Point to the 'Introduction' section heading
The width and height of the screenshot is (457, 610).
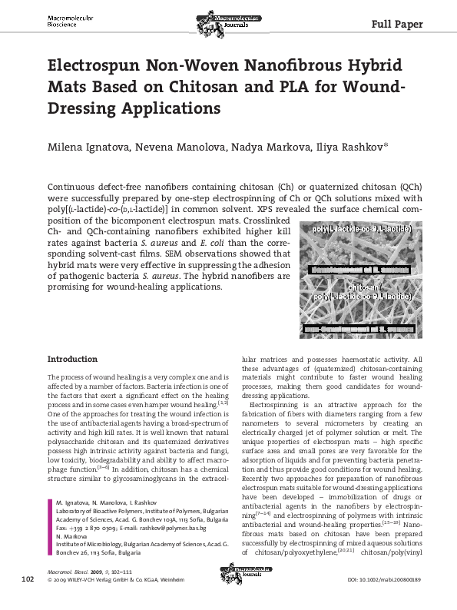[72, 359]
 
